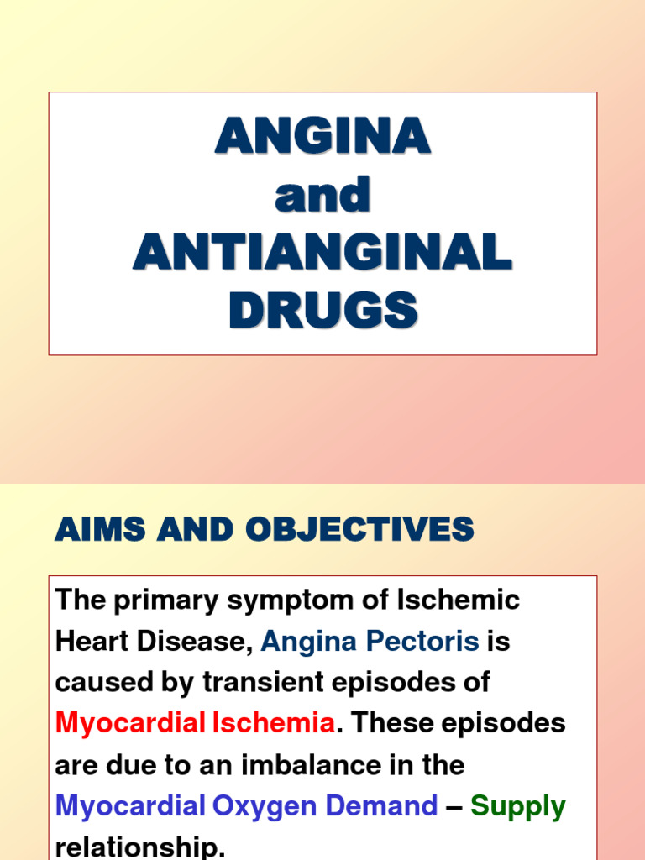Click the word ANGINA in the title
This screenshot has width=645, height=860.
point(322,136)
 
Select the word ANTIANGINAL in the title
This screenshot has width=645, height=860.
point(322,253)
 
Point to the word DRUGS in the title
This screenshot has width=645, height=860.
point(322,311)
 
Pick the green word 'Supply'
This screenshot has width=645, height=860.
point(517,808)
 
